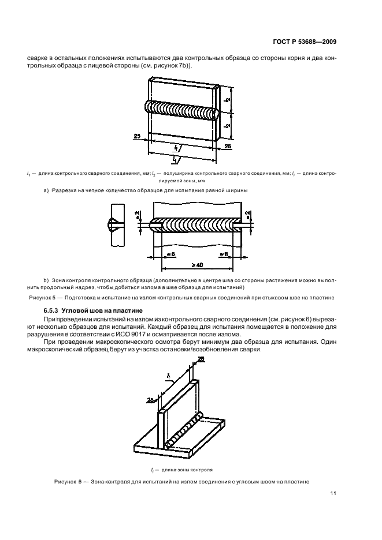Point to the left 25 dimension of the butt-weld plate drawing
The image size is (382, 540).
[x=138, y=136]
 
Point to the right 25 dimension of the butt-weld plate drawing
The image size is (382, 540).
[x=227, y=148]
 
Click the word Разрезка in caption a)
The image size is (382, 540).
[x=65, y=190]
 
